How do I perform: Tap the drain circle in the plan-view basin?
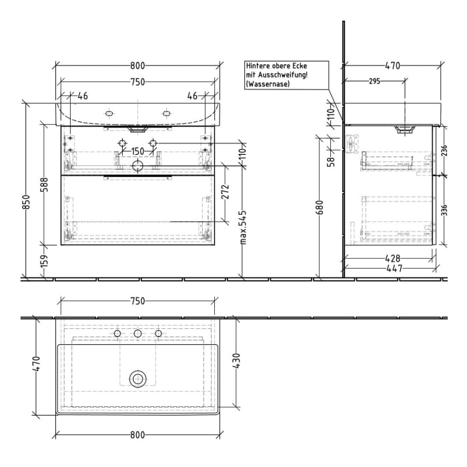click(137, 378)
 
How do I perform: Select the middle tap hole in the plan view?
click(137, 334)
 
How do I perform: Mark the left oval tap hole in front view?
click(109, 113)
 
